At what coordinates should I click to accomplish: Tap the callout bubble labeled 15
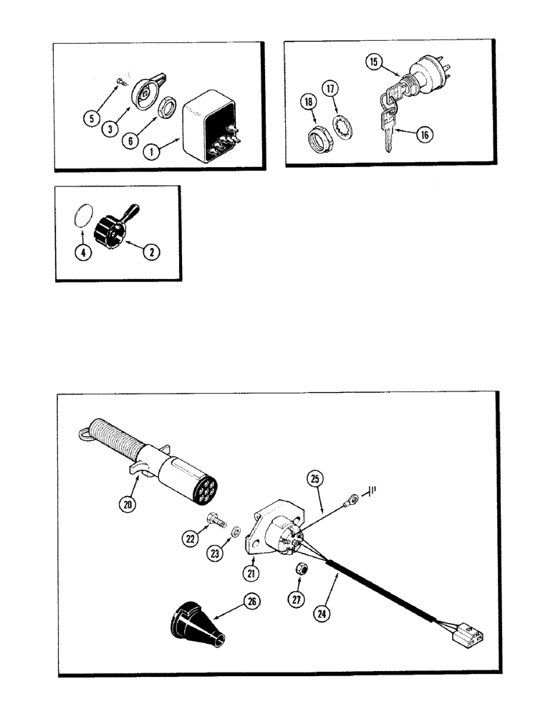(372, 62)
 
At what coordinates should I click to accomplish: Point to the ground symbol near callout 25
(372, 492)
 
